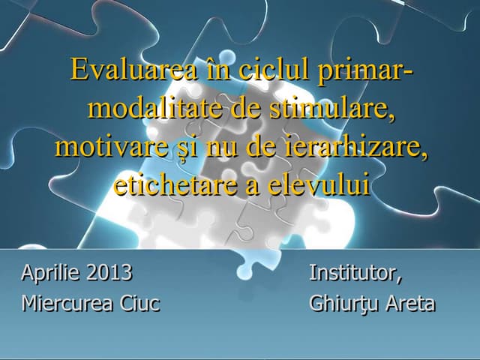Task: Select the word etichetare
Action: point(175,184)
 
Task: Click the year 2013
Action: point(109,272)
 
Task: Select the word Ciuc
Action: point(139,304)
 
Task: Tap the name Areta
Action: point(411,304)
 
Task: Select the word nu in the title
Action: point(219,148)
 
